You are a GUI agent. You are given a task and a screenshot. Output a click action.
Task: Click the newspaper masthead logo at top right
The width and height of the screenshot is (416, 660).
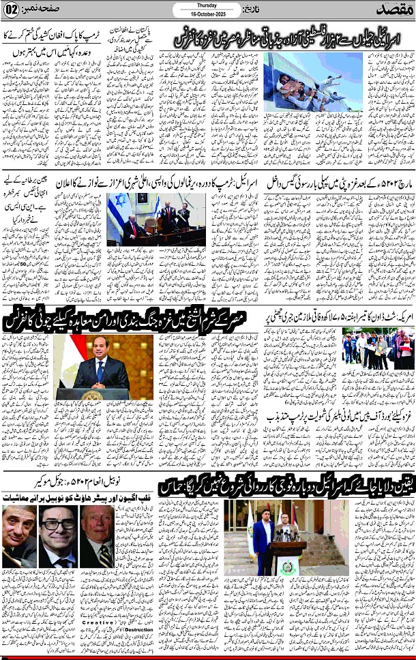[x=392, y=10]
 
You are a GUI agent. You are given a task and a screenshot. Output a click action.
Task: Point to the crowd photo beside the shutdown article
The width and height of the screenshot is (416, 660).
[x=377, y=350]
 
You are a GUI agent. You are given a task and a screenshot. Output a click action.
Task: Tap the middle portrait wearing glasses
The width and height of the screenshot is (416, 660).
[x=57, y=526]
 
